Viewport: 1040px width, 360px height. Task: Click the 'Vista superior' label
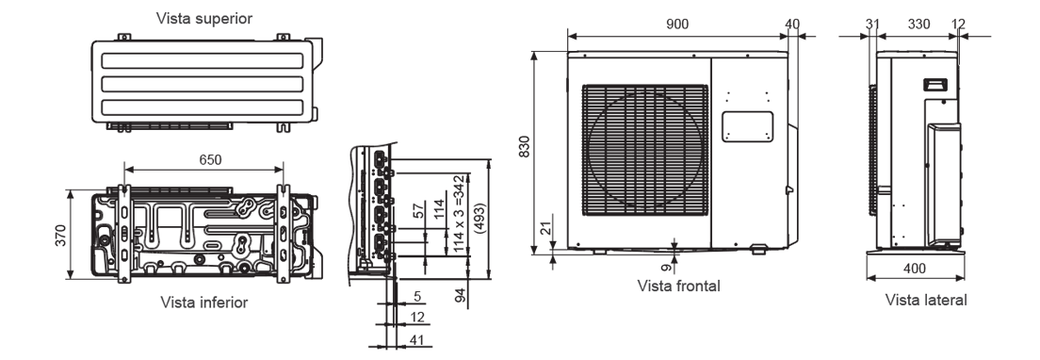tap(204, 19)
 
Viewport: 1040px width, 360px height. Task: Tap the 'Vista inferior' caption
tap(204, 303)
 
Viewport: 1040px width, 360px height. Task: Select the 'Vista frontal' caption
tap(678, 286)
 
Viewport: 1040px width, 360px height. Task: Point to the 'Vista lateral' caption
tap(926, 300)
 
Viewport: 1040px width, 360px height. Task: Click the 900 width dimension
tap(677, 24)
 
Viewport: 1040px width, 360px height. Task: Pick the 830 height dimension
tap(525, 146)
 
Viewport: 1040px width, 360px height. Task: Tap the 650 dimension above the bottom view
tap(210, 160)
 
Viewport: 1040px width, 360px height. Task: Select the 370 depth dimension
tap(60, 235)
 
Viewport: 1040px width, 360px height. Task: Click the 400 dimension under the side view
tap(915, 269)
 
